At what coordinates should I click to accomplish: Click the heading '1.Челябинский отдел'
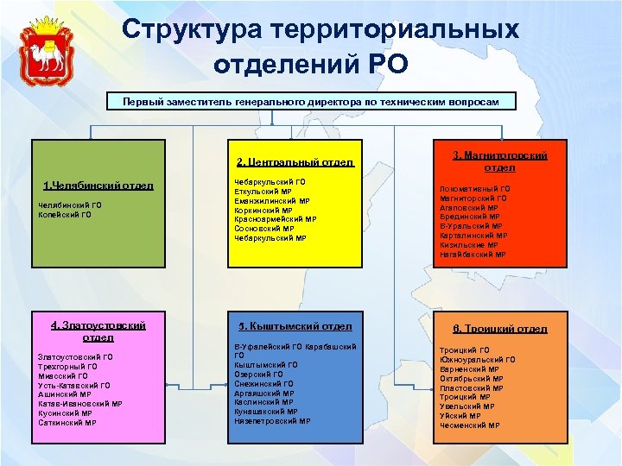pos(98,185)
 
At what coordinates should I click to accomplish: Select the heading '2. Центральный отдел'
pos(295,161)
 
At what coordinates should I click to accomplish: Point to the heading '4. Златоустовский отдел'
pos(98,331)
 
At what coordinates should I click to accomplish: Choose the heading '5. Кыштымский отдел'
pos(295,326)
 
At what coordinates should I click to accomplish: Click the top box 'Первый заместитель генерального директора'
pos(310,101)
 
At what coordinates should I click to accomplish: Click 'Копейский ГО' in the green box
pos(63,214)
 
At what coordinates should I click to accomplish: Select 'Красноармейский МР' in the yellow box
pos(275,219)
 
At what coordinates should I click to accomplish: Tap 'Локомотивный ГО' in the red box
pos(474,189)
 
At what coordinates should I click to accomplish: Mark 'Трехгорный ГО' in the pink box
pos(67,366)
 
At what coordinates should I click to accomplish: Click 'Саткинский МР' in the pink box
pos(67,423)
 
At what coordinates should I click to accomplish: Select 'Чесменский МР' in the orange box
pos(469,425)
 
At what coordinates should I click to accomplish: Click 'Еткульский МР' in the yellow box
pos(263,192)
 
